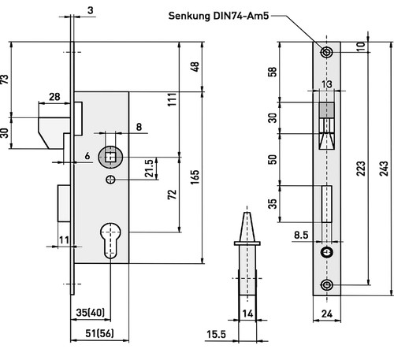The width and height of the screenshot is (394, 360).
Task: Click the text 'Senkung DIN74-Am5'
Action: pyautogui.click(x=218, y=16)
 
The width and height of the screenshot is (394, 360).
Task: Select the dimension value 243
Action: pyautogui.click(x=384, y=169)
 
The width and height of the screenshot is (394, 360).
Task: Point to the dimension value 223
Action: pyautogui.click(x=361, y=169)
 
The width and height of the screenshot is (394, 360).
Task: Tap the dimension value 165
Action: pyautogui.click(x=195, y=177)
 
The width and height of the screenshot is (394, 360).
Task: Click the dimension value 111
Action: pyautogui.click(x=173, y=99)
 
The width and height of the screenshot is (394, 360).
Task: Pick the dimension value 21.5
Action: pyautogui.click(x=149, y=168)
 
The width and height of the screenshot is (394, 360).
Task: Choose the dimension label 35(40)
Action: pyautogui.click(x=90, y=313)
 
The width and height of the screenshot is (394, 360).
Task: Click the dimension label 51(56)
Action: pyautogui.click(x=99, y=333)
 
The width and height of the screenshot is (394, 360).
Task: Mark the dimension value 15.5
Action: pyautogui.click(x=216, y=334)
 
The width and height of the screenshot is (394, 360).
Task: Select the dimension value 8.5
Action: pyautogui.click(x=301, y=235)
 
